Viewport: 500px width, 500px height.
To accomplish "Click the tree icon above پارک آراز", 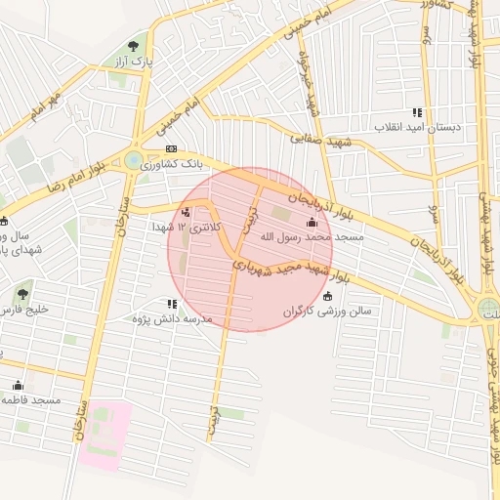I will point(134,45).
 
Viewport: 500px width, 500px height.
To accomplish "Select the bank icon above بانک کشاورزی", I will point(172,148).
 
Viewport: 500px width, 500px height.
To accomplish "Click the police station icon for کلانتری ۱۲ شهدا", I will point(187,212).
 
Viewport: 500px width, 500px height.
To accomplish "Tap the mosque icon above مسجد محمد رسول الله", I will point(312,222).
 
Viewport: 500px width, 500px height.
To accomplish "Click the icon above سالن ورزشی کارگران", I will point(326,296).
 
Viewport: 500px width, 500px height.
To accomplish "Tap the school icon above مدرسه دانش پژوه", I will point(173,304).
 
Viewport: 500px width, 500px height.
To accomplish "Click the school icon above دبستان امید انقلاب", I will point(418,112).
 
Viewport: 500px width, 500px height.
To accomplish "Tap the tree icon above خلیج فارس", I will point(22,293).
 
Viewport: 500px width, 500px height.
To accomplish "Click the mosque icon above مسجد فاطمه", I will point(18,385).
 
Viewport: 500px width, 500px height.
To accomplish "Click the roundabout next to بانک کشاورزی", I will point(133,160).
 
